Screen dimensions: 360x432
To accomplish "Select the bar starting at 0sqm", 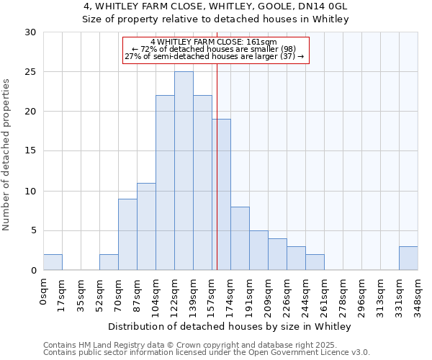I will point(53,262).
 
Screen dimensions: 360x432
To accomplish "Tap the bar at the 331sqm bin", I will point(408,258).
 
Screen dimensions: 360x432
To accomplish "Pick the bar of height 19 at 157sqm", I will point(221,194).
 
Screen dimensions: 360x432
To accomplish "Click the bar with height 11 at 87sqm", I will point(146,226).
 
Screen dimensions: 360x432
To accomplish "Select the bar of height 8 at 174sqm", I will point(240,238).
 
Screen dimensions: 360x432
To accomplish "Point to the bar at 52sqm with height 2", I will point(109,262).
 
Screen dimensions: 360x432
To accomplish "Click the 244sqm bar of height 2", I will point(315,262).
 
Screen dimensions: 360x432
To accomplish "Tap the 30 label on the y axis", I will point(30,32).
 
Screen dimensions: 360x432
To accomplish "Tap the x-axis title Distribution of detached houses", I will point(230,327).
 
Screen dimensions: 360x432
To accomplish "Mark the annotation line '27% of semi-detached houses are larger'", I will point(215,56).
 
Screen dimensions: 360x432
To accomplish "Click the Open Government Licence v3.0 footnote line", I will point(207,352).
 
